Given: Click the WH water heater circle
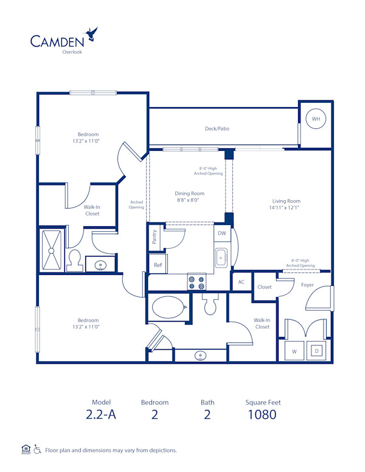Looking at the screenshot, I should pos(316,119).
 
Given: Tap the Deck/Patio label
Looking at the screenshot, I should pos(217,129).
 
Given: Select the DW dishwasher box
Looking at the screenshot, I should pos(222,233).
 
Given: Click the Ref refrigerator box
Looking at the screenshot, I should pos(158,265).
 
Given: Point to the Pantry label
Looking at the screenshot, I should pos(155,237).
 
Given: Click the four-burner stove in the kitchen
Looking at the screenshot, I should pos(196,282).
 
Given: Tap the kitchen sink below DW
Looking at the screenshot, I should pos(221,258).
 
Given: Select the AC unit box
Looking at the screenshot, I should pos(241,282).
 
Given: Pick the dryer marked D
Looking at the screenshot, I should pos(316,351).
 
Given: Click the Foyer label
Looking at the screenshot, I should pos(307,285).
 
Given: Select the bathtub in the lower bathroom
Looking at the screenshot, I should pos(168,307).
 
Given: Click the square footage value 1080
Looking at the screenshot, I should pos(263,415).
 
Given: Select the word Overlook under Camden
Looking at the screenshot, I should pos(72,52).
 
